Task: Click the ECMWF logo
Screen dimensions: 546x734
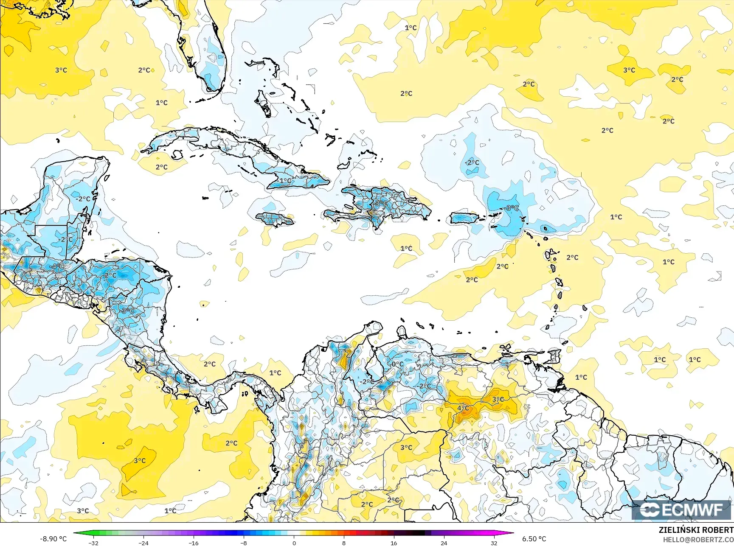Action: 681,510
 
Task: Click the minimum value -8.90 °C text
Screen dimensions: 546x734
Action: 53,539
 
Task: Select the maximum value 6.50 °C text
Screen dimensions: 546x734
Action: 534,539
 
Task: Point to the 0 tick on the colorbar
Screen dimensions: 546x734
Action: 294,543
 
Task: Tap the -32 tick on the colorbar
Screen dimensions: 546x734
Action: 93,543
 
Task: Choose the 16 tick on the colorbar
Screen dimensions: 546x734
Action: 394,543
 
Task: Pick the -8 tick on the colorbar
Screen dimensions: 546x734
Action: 244,543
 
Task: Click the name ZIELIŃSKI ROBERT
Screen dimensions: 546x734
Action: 696,530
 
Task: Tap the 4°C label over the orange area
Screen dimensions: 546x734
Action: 463,408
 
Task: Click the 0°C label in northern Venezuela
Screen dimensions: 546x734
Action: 397,364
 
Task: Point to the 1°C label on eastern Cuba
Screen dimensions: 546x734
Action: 285,181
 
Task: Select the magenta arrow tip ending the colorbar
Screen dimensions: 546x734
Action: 511,534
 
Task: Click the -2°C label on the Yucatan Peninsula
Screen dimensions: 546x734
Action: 83,199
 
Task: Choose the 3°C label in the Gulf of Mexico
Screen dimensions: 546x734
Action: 61,70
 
